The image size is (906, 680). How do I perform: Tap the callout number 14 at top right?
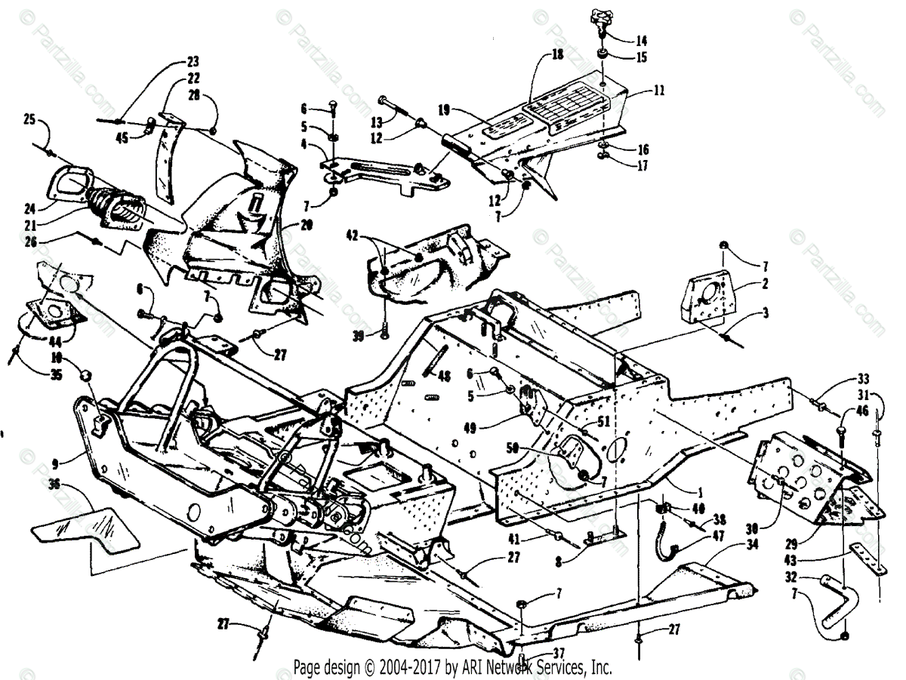tap(641, 40)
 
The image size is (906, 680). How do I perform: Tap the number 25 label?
tap(29, 118)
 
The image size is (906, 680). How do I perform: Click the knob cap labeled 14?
tap(600, 17)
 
